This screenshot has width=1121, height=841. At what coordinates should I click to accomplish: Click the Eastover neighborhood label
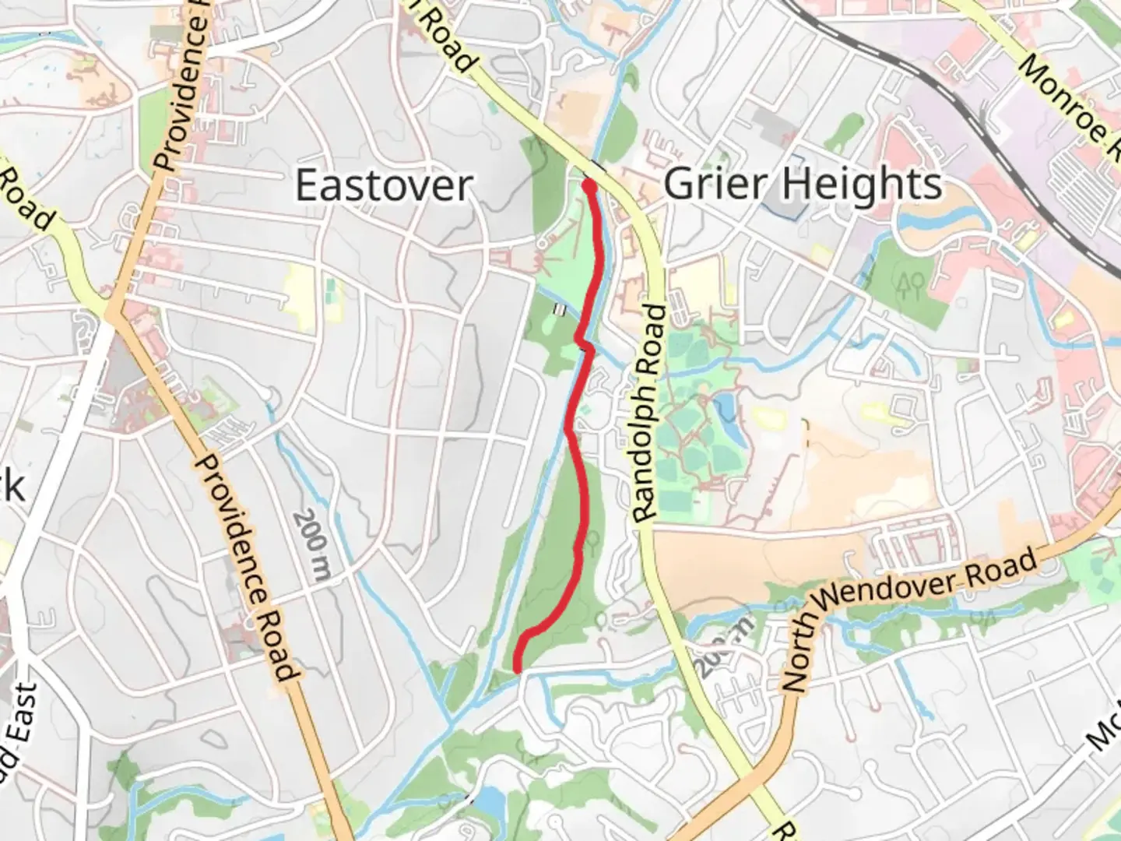(x=384, y=185)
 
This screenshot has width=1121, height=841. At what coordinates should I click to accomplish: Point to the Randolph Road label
(x=648, y=413)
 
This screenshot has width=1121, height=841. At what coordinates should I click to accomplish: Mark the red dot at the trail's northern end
(x=589, y=185)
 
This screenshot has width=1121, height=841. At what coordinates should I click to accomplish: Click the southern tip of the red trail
(x=518, y=668)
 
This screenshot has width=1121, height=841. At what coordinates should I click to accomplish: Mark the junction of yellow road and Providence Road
(x=114, y=311)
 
